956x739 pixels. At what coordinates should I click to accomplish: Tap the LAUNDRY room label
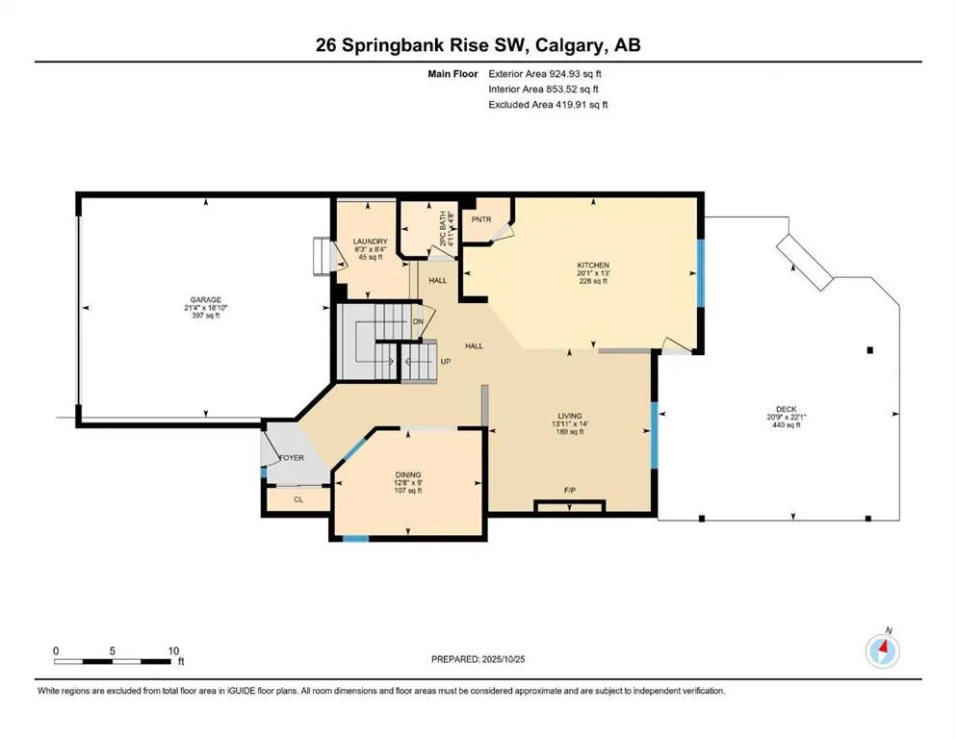(370, 242)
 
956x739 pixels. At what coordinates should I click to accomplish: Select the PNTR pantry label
(482, 219)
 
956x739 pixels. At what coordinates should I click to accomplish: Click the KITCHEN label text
(593, 265)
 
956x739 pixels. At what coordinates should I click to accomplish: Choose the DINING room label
(409, 473)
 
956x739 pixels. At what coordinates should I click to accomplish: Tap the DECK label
(781, 408)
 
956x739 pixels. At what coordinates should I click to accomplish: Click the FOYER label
(292, 458)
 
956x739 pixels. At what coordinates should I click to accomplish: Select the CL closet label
(297, 499)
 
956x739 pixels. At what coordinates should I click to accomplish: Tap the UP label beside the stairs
(445, 362)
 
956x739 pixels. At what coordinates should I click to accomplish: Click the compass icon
(882, 651)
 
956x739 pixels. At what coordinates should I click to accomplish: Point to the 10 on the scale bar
(173, 650)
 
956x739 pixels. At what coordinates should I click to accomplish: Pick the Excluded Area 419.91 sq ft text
(548, 104)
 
